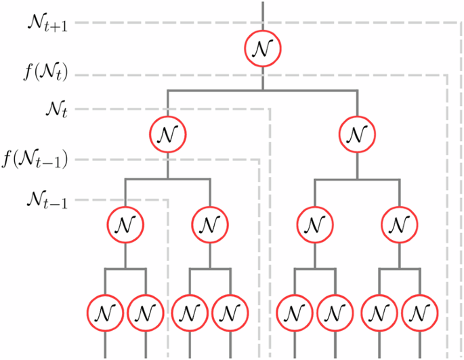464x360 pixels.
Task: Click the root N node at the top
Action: tap(262, 49)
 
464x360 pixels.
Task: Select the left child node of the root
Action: tap(168, 133)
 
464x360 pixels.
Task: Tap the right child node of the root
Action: tap(356, 133)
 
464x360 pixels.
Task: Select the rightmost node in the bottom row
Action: tap(421, 313)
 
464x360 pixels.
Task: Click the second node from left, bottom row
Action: tap(146, 313)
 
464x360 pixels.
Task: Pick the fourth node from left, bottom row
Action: tap(231, 313)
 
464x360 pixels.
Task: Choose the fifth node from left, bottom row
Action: tap(294, 313)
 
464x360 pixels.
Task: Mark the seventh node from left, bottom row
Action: tap(378, 313)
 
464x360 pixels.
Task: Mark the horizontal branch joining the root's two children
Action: tap(262, 89)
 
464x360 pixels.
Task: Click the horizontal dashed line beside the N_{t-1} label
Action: tap(122, 200)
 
